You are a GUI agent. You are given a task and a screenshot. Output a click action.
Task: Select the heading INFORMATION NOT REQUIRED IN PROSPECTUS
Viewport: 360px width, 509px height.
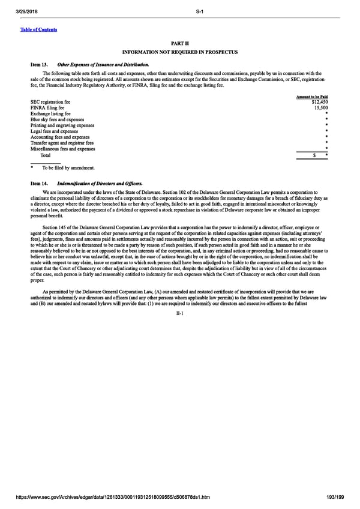tap(180, 52)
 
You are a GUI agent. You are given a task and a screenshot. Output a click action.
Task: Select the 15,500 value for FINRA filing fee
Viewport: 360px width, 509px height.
tap(319, 108)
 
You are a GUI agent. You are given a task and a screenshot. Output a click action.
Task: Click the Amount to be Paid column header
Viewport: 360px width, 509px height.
tap(312, 97)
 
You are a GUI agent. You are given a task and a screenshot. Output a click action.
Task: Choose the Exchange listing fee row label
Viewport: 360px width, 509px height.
tap(50, 113)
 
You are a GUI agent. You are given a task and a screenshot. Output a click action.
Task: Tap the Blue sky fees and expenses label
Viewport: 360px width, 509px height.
tap(58, 119)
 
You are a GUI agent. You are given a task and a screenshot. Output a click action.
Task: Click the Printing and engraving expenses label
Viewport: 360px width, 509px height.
tap(62, 125)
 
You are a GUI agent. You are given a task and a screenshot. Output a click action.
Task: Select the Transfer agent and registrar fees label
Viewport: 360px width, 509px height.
tap(62, 143)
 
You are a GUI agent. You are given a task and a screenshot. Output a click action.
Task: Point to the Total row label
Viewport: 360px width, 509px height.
tap(46, 155)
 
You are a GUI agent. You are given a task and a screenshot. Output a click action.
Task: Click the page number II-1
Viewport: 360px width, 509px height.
tap(180, 313)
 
